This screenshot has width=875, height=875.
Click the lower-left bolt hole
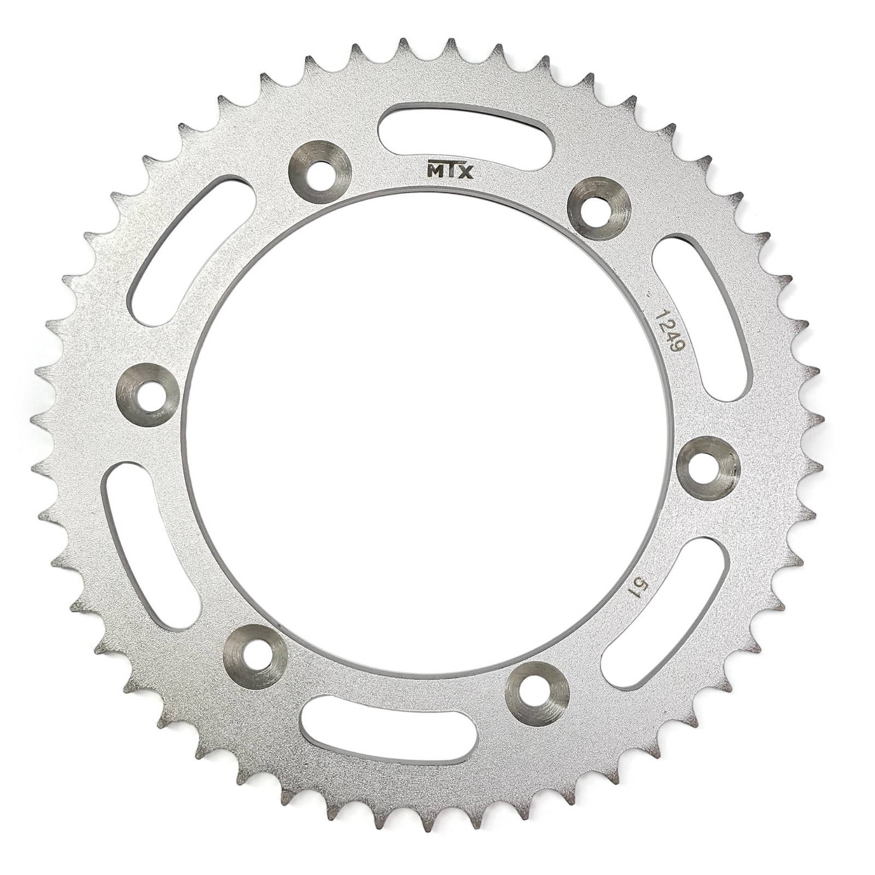pyautogui.click(x=255, y=655)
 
